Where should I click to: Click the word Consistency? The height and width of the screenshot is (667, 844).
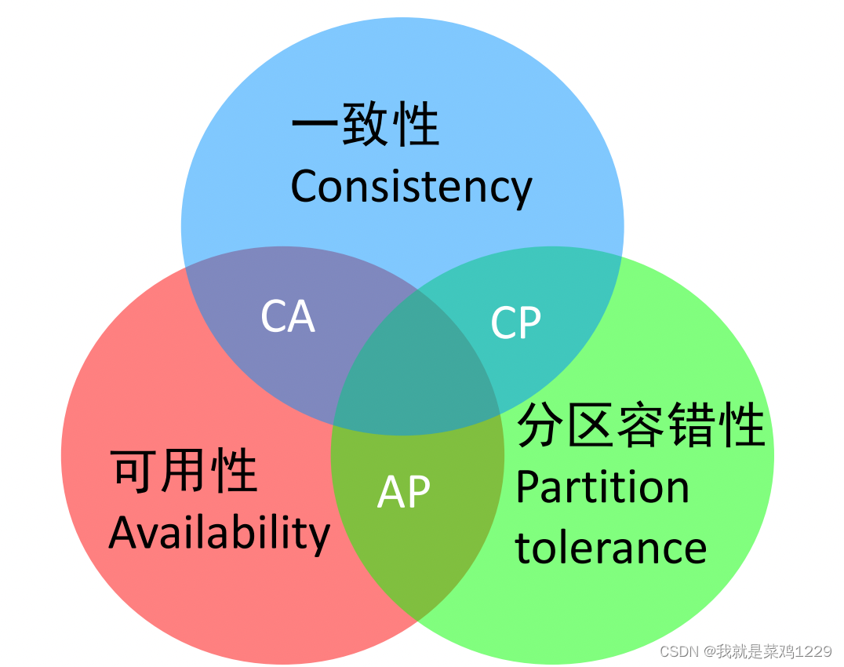(411, 187)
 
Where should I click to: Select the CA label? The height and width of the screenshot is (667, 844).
(288, 317)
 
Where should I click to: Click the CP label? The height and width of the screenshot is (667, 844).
(515, 323)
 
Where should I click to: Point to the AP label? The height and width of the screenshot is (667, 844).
(404, 492)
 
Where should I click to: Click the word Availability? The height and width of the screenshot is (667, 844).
(220, 534)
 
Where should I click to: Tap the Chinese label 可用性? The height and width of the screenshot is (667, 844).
(185, 472)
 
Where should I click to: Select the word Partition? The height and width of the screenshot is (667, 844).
(602, 487)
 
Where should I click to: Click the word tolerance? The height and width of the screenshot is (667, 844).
(611, 547)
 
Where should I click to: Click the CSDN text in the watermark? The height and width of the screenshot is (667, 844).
(679, 652)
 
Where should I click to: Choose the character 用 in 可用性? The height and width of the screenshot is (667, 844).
(185, 472)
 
